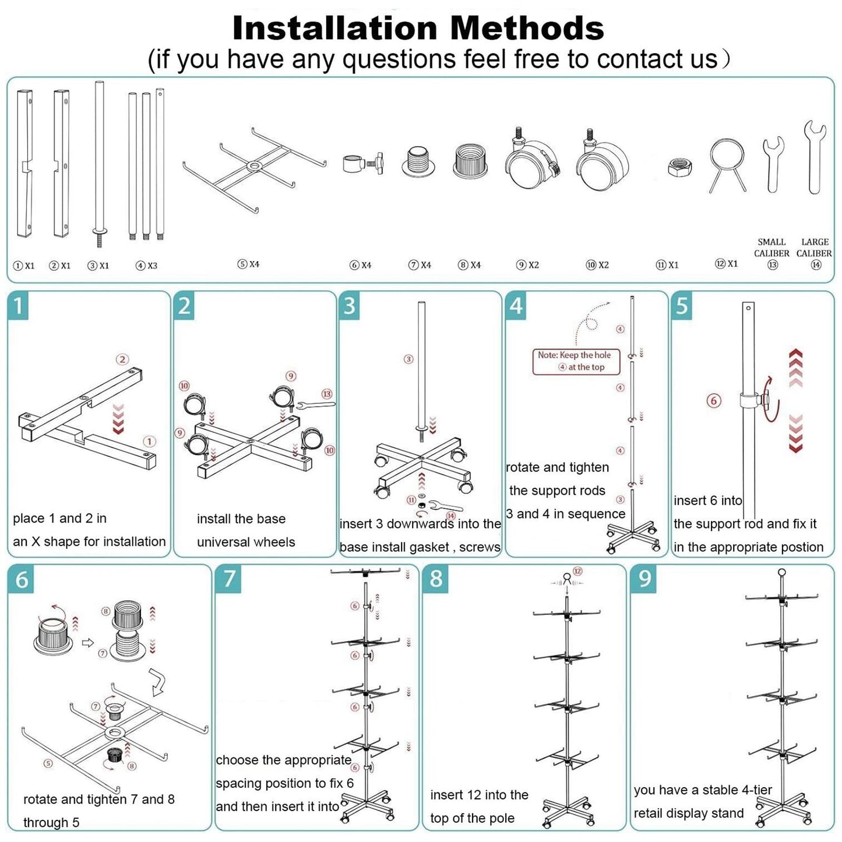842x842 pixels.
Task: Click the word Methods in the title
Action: point(527,28)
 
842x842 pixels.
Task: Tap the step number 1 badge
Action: point(18,306)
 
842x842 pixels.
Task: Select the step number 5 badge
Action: point(682,306)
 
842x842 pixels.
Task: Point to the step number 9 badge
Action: point(644,579)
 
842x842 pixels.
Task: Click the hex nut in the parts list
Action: point(680,167)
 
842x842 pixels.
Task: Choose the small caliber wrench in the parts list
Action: point(773,164)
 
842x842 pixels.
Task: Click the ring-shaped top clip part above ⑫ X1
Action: point(727,165)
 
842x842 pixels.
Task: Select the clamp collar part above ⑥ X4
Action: point(362,163)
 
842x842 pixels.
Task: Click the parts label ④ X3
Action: point(146,265)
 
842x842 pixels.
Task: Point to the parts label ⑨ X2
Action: point(527,265)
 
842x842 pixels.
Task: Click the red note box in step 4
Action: point(576,361)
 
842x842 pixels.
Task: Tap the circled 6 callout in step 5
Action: point(714,401)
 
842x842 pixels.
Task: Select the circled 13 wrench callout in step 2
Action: point(327,394)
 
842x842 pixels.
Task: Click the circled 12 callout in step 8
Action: point(577,571)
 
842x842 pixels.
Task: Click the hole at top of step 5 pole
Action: point(749,308)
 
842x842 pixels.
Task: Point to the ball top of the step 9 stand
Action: point(782,572)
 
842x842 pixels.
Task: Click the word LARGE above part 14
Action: point(815,242)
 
